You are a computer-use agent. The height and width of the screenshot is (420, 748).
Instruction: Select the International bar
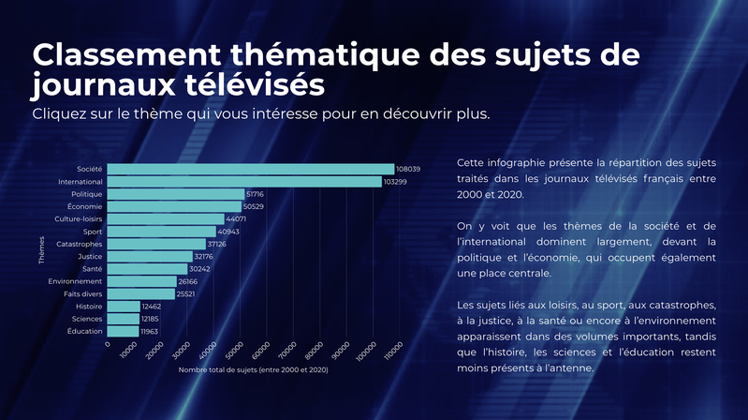point(243,181)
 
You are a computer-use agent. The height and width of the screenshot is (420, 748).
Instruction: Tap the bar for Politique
point(175,194)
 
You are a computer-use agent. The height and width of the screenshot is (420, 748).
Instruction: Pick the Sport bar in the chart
point(161,232)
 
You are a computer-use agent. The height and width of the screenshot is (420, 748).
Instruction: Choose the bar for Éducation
point(123,331)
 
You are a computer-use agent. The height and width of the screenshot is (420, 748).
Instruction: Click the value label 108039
point(408,169)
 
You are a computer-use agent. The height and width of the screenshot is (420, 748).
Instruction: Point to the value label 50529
point(255,206)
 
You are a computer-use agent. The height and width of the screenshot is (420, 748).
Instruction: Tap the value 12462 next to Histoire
point(154,307)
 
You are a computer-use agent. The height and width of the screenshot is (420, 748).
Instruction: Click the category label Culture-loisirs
point(81,218)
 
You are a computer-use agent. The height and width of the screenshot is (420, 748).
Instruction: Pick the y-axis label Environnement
point(75,281)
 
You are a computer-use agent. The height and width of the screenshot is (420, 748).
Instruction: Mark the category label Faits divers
point(83,293)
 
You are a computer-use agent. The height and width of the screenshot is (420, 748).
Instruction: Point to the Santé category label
point(92,269)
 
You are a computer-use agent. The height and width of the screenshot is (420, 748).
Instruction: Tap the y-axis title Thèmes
point(42,251)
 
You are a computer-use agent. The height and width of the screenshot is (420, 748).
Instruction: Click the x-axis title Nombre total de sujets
point(253,369)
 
